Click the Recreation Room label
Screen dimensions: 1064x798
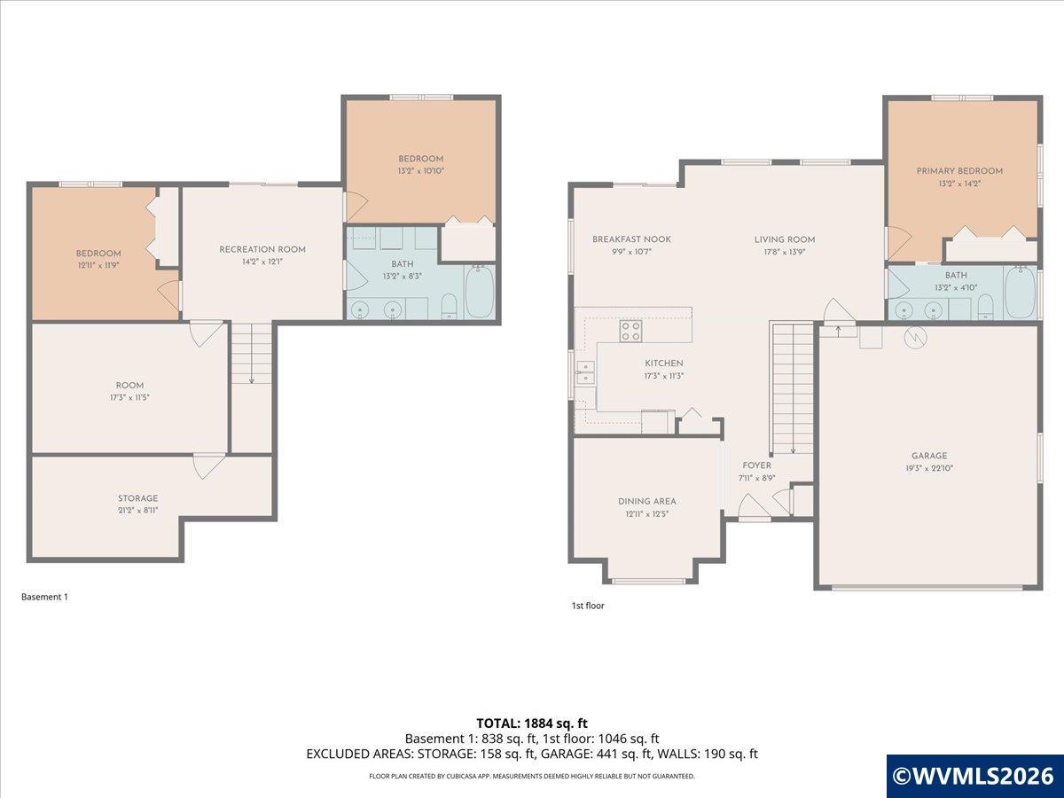click(x=262, y=249)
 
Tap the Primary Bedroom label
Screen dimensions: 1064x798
click(x=959, y=171)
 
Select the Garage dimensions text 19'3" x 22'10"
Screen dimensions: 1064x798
click(x=929, y=468)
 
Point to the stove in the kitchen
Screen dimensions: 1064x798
click(x=630, y=332)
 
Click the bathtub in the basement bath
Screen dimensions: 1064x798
click(x=480, y=291)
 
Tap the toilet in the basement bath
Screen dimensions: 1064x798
click(x=449, y=306)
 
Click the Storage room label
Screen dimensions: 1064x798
click(x=137, y=498)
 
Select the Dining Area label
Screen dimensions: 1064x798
click(x=646, y=502)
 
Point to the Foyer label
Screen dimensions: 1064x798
click(x=756, y=465)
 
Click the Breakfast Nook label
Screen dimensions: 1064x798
click(x=631, y=239)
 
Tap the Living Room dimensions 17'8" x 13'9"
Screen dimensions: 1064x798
click(x=785, y=252)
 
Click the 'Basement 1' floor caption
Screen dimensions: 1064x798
click(x=44, y=597)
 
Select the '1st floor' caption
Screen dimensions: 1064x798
click(x=588, y=606)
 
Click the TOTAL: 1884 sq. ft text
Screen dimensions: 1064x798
click(x=532, y=724)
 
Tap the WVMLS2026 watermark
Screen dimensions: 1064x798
click(x=974, y=776)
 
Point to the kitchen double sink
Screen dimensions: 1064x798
click(x=586, y=372)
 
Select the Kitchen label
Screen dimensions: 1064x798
click(x=663, y=364)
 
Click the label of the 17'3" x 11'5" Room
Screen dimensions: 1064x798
click(x=129, y=385)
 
